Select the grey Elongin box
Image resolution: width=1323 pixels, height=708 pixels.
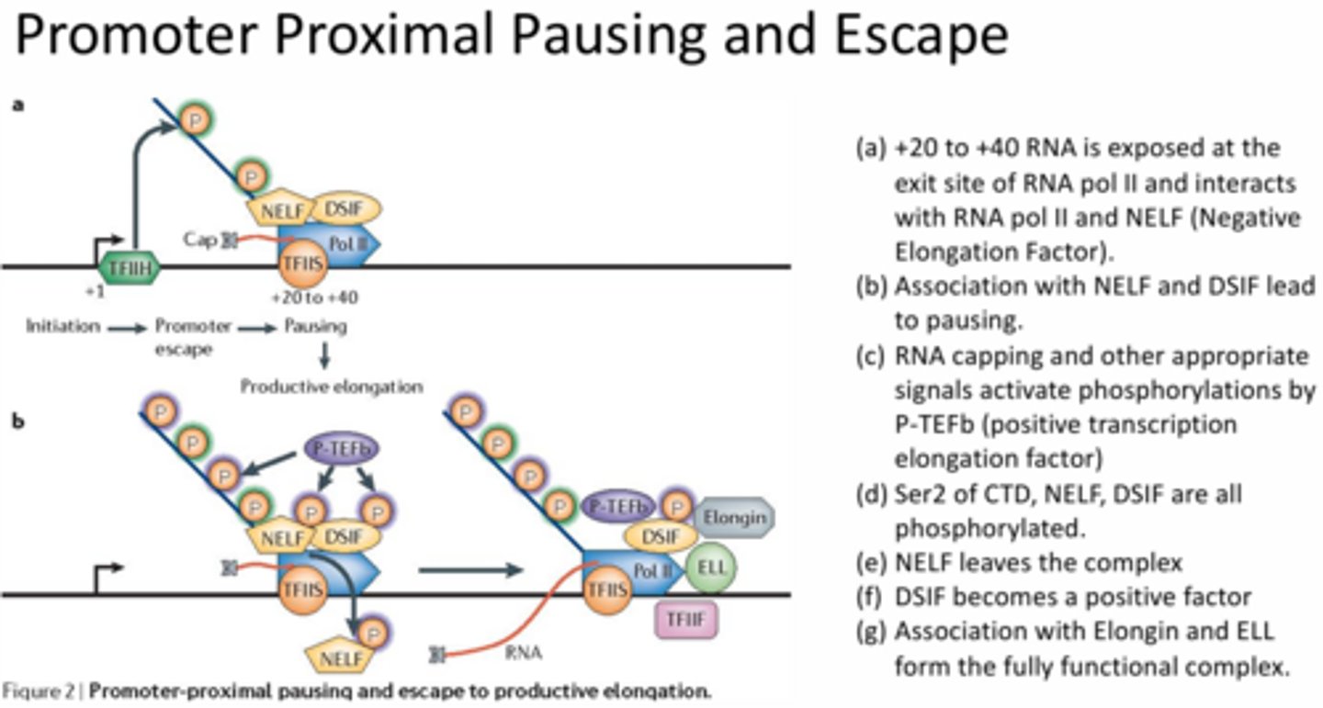click(734, 517)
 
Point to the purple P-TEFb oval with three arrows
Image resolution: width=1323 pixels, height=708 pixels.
click(341, 449)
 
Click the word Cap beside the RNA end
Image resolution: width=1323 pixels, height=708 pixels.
click(198, 240)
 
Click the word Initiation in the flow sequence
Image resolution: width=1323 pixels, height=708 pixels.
click(62, 326)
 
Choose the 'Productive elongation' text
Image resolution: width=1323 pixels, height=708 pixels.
click(331, 387)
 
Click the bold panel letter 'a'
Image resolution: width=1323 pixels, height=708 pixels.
click(18, 106)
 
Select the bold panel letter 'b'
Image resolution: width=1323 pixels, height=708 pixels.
click(18, 422)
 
